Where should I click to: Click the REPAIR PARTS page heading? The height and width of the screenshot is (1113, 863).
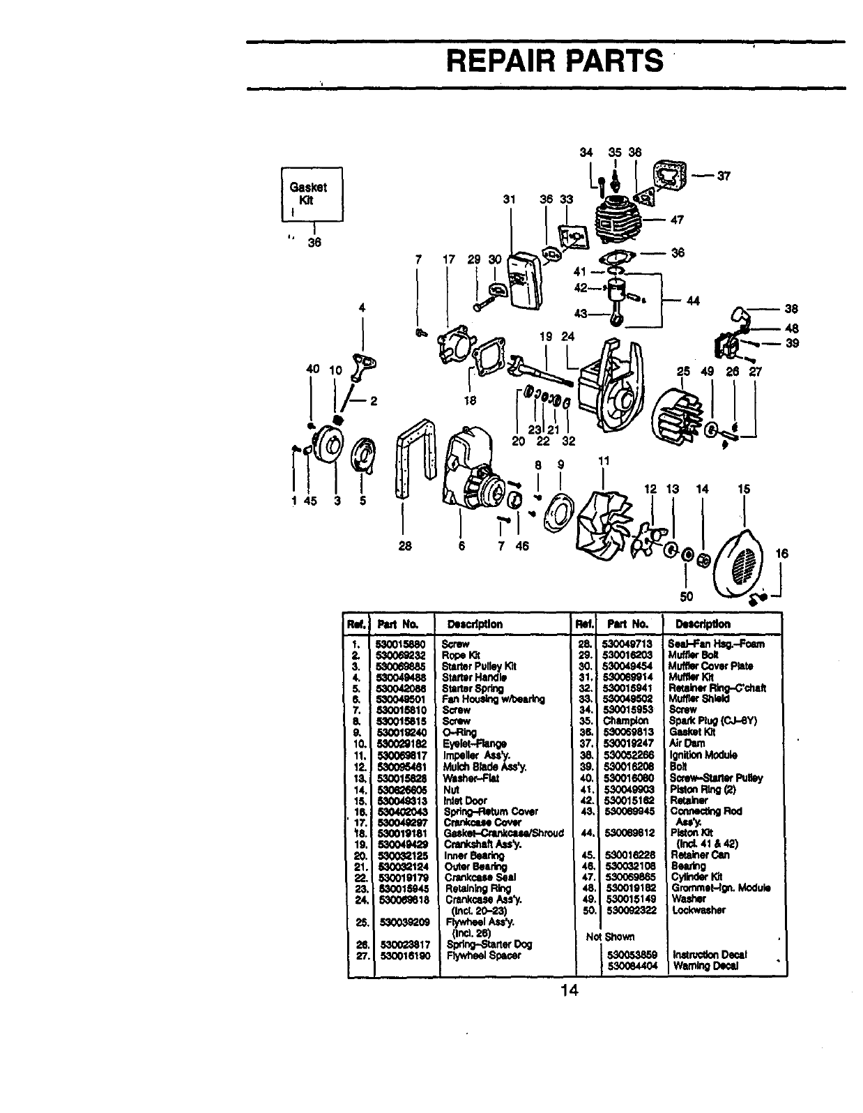[555, 61]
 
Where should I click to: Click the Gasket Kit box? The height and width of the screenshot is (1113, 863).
[312, 194]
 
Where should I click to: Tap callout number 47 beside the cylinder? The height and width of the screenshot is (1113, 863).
[676, 220]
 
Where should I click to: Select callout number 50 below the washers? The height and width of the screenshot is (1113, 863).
[687, 596]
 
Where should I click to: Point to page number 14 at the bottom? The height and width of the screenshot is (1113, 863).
[569, 991]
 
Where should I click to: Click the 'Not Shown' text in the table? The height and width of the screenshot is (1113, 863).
[611, 937]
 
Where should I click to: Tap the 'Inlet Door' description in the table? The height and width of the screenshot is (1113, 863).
[465, 801]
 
